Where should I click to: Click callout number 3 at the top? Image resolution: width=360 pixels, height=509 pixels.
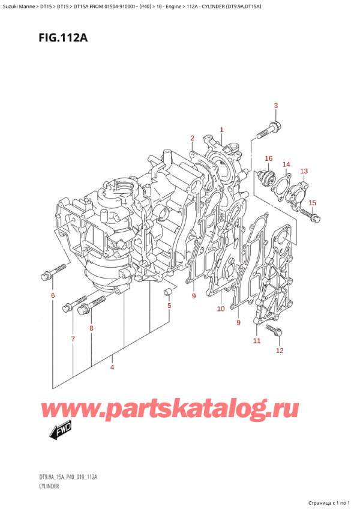tap(275, 106)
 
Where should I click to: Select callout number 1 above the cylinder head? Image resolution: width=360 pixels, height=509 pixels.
tap(221, 130)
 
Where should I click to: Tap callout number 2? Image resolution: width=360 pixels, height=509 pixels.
tap(192, 139)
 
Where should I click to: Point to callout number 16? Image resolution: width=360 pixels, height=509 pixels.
tap(268, 158)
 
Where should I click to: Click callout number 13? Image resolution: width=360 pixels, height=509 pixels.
tap(304, 172)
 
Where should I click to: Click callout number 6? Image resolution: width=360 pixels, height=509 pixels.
tap(52, 295)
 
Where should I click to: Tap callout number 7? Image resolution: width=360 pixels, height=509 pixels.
tap(72, 340)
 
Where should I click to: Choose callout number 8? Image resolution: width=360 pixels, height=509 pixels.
tap(91, 328)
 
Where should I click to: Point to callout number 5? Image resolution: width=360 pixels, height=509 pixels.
tap(169, 306)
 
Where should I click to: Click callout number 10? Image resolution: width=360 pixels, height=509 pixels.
tap(220, 309)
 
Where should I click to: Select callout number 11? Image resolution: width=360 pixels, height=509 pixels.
tap(256, 341)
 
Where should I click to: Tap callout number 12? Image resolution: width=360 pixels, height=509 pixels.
tap(278, 350)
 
